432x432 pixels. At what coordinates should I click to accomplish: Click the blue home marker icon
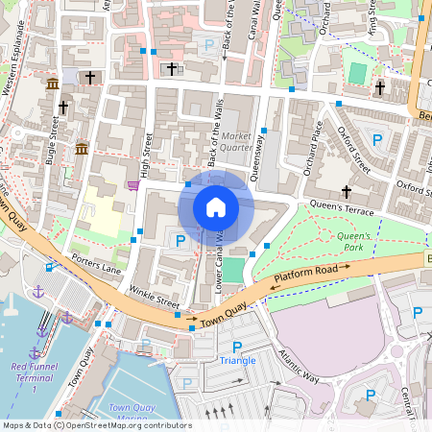[216, 206]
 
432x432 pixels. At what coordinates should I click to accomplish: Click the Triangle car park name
[237, 360]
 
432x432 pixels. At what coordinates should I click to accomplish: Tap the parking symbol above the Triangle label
[237, 346]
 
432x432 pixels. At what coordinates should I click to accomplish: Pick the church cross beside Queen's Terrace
[347, 192]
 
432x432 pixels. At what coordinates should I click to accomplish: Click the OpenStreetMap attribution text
[96, 425]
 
